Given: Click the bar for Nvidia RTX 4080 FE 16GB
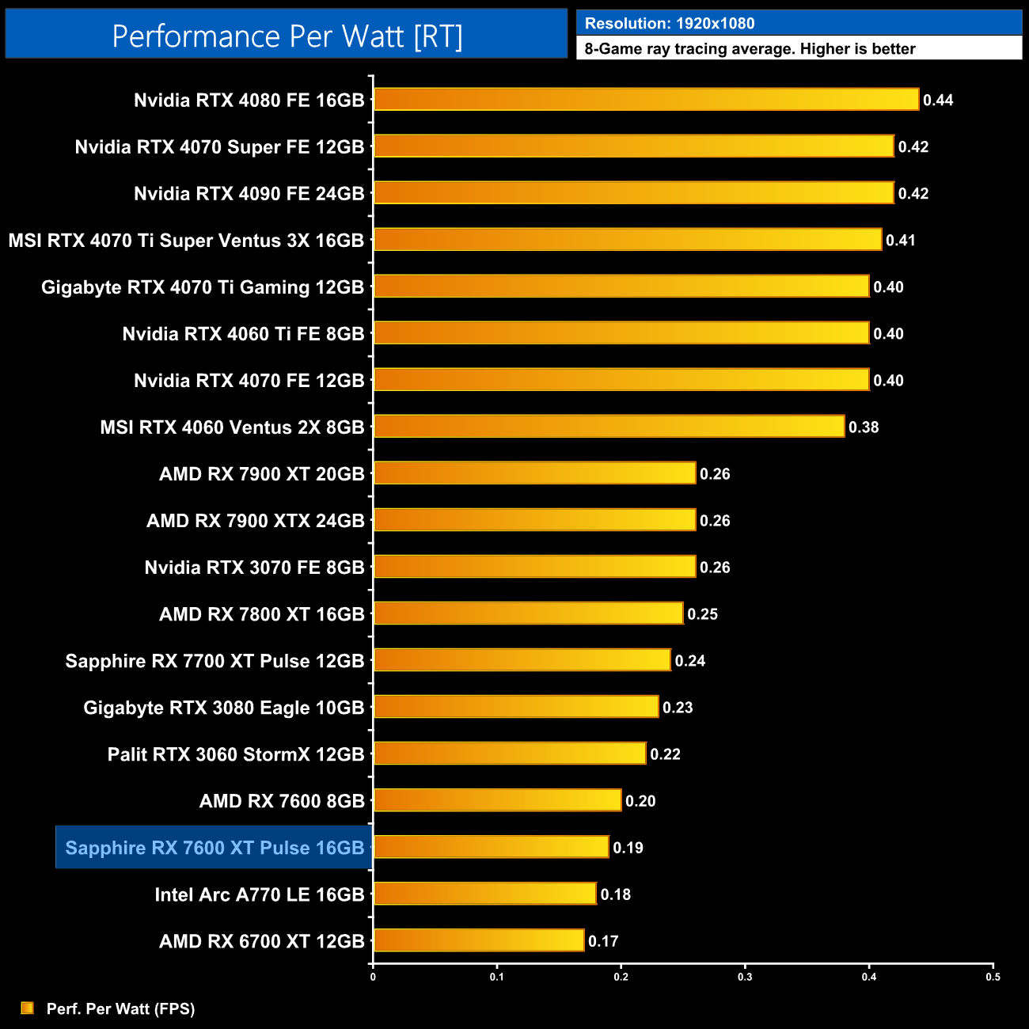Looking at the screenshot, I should click(646, 100).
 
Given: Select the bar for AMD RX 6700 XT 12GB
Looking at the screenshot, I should click(479, 940).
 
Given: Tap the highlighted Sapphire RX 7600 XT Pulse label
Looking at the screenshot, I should click(215, 848).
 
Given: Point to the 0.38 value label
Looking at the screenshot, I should click(864, 427).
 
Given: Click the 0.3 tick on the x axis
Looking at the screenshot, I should click(745, 977).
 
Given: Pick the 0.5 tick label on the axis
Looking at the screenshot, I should click(993, 977).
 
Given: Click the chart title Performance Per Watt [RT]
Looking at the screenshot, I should click(287, 36).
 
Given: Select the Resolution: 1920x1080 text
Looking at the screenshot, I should click(670, 24).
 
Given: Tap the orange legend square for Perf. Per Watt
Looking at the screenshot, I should click(28, 1008).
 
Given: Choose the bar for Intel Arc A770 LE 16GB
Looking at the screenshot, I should click(484, 894).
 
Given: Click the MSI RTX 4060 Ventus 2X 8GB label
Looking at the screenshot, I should click(232, 427).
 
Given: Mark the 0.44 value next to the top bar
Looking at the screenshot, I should click(938, 101).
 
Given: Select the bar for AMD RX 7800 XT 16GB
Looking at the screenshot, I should click(528, 613).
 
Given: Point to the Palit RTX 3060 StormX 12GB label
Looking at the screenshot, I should click(236, 754).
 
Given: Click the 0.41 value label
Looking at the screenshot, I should click(901, 241).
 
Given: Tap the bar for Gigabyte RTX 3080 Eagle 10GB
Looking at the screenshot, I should click(516, 707).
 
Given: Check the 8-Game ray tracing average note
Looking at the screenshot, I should click(750, 49).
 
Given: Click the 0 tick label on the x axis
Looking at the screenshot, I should click(373, 977).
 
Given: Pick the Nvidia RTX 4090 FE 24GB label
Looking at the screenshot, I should click(249, 194).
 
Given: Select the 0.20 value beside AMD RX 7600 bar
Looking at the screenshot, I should click(640, 801).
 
